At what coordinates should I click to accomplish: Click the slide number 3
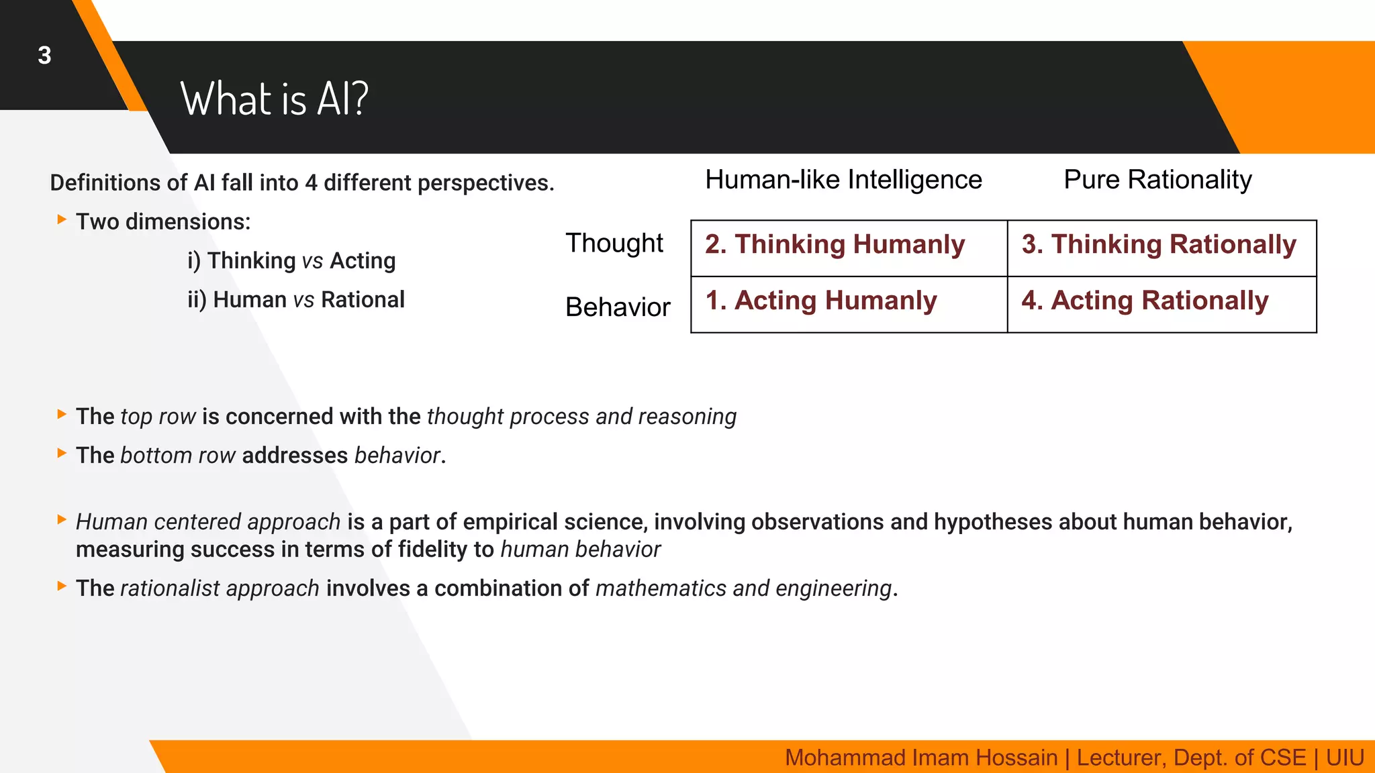pos(44,56)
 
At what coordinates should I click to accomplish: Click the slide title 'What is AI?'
pos(274,99)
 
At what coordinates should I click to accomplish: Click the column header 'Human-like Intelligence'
pos(843,180)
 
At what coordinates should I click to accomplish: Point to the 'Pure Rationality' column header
pos(1157,180)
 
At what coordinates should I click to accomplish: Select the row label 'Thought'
pos(614,243)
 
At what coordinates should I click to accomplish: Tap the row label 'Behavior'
pos(618,307)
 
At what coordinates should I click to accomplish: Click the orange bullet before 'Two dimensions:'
pos(62,219)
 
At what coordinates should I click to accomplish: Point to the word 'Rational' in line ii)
pos(363,300)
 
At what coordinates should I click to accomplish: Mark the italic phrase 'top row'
pos(158,417)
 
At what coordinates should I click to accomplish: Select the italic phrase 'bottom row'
pos(178,456)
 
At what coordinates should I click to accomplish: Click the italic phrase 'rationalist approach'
pos(220,588)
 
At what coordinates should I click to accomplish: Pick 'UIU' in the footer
pos(1345,758)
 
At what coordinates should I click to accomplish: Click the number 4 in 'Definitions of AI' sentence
pos(311,183)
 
